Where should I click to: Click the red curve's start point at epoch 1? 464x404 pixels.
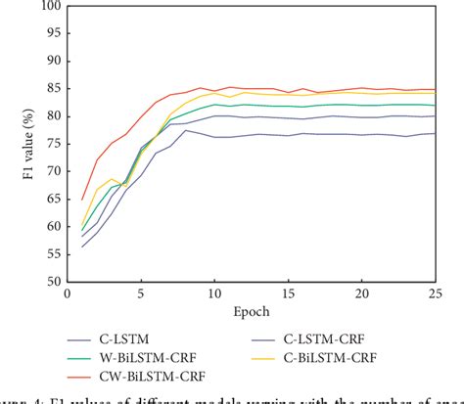(81, 199)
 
